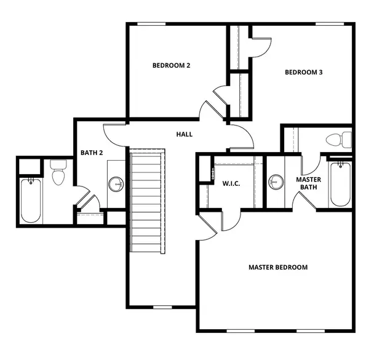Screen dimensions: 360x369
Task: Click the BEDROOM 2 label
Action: [171, 65]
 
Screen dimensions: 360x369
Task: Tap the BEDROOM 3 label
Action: [304, 73]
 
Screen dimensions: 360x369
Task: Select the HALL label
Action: [184, 134]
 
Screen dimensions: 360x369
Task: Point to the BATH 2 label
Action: [92, 153]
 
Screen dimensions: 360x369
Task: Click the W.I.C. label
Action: [231, 183]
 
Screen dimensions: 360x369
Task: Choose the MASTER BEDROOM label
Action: [278, 267]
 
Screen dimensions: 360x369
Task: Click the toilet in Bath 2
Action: [58, 173]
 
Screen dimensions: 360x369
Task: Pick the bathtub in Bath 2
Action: [30, 201]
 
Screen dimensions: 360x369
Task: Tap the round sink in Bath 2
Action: [115, 183]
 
